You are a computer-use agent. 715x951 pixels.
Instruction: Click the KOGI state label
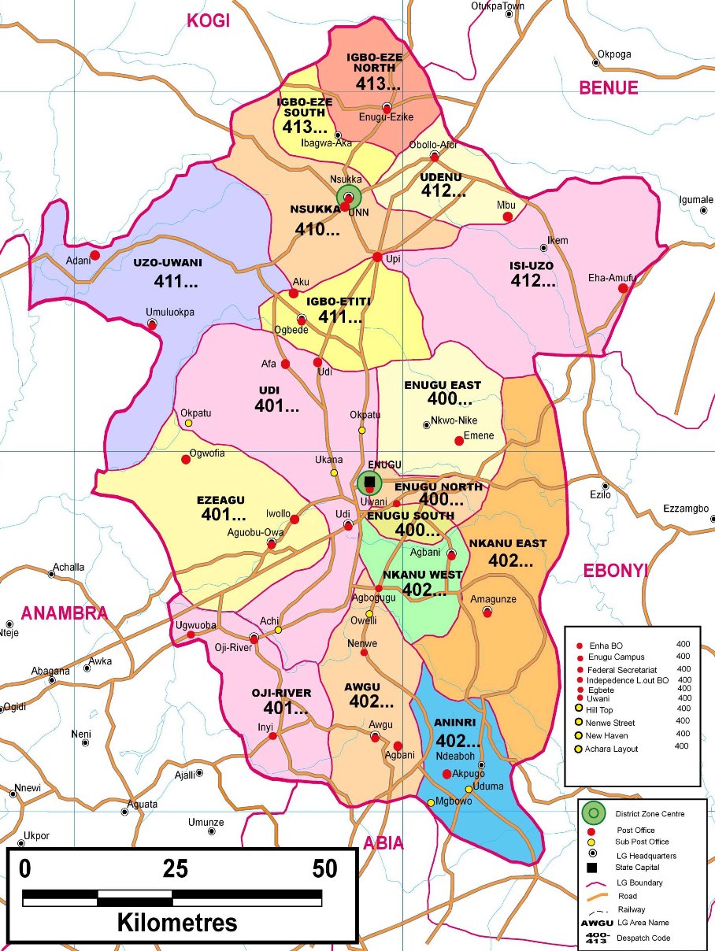coord(208,20)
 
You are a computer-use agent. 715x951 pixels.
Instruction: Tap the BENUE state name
coord(609,87)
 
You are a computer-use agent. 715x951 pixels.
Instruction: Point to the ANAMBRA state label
coord(64,613)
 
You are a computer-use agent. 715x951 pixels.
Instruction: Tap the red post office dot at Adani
coord(94,255)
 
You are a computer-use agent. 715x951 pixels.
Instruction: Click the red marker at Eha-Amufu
coord(623,288)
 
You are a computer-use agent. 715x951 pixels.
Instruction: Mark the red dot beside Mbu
coord(508,216)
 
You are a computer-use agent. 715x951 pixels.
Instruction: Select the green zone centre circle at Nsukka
coord(348,198)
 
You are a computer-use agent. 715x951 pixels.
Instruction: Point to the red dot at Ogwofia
coord(186,459)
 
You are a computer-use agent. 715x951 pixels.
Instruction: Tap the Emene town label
coord(479,435)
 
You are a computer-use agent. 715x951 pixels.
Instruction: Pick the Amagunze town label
coord(493,599)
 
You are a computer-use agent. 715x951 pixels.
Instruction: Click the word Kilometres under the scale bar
coord(177,922)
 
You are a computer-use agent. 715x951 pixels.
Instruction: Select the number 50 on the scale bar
coord(324,868)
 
